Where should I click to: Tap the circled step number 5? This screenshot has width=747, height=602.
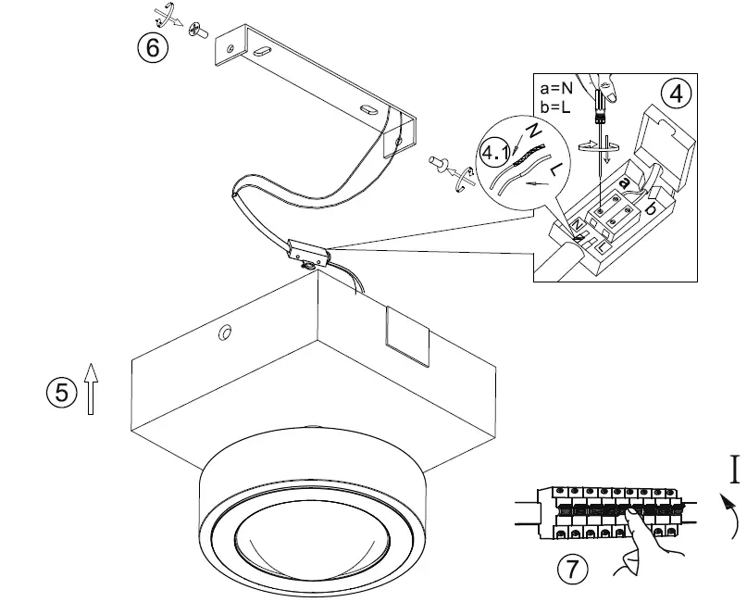tap(60, 392)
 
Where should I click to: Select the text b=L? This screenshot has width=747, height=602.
tap(557, 107)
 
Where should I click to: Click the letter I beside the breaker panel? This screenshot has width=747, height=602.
tap(735, 470)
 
